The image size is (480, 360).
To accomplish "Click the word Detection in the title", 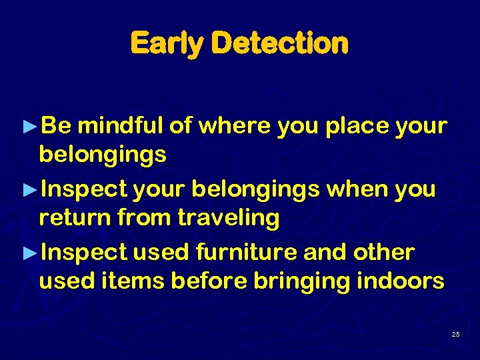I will pyautogui.click(x=279, y=43).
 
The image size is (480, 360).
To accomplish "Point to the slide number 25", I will pyautogui.click(x=455, y=334).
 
